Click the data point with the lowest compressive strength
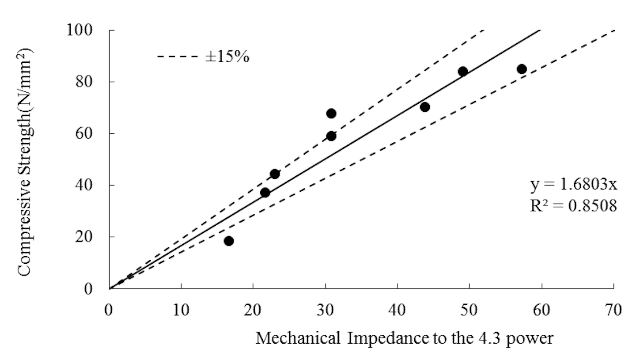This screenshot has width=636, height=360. pyautogui.click(x=228, y=241)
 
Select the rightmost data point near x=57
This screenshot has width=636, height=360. pyautogui.click(x=522, y=69)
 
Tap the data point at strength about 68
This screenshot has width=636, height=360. pyautogui.click(x=331, y=114)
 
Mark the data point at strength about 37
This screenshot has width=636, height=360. pyautogui.click(x=265, y=193)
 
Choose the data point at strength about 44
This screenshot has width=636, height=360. pyautogui.click(x=275, y=174)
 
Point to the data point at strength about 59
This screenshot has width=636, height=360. pyautogui.click(x=331, y=136)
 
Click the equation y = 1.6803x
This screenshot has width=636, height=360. pyautogui.click(x=573, y=185)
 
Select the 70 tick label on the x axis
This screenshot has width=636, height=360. pyautogui.click(x=613, y=311)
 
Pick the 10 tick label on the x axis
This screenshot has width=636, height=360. pyautogui.click(x=181, y=311)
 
